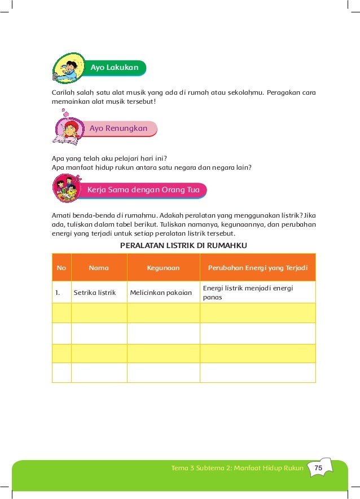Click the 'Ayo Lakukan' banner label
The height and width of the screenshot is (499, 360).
pos(115,68)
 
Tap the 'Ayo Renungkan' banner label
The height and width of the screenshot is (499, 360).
pos(118,129)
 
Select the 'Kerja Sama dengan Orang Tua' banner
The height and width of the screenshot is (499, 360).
pos(143,190)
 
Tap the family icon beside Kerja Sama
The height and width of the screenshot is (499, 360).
pos(65,189)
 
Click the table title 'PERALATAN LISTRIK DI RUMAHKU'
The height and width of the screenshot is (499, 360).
pos(184,245)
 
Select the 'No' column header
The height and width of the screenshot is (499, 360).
pos(61,268)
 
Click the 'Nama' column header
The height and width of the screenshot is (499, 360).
pos(99,268)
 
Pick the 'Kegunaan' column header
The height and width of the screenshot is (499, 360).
pos(163,268)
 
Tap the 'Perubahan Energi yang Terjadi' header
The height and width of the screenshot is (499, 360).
pos(257,268)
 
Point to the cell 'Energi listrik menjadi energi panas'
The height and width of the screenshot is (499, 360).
pos(249,292)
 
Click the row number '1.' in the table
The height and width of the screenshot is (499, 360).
pos(58,293)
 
